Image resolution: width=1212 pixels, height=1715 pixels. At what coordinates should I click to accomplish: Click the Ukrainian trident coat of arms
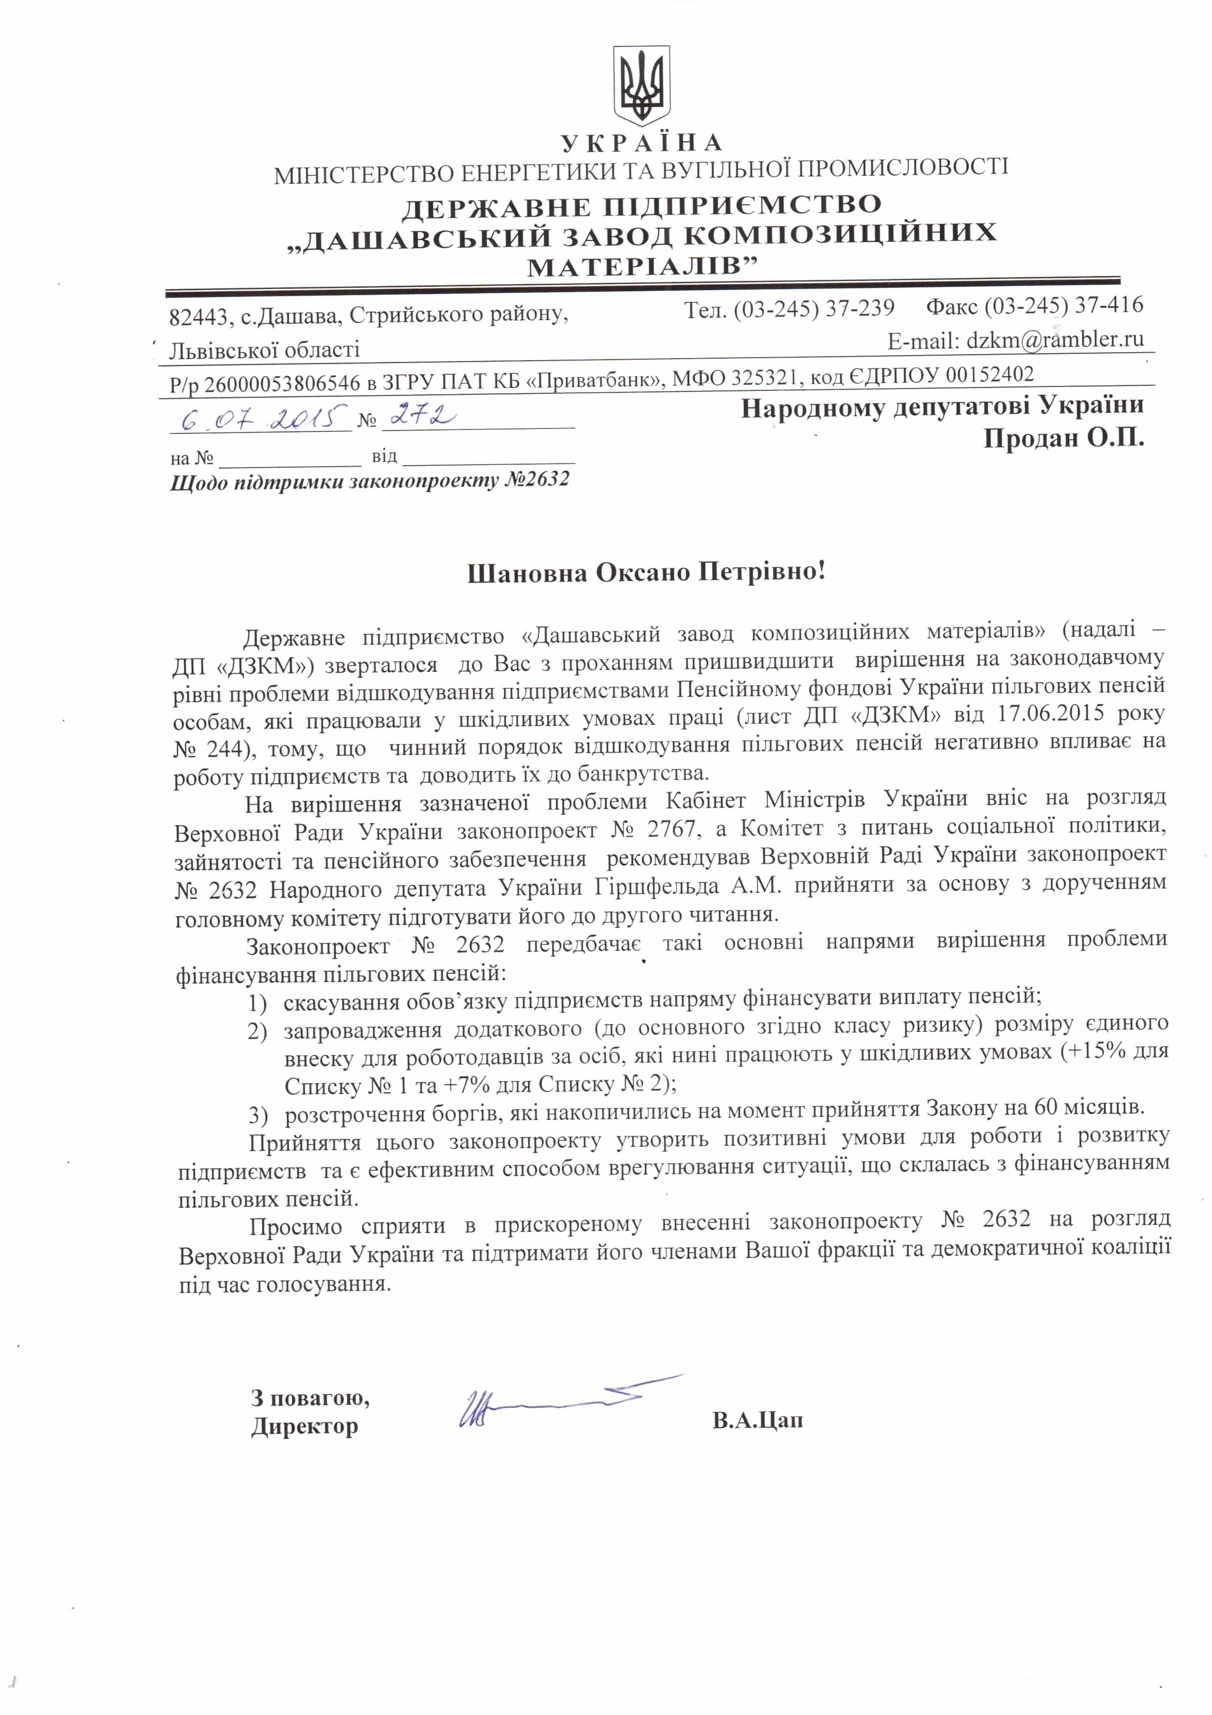tap(641, 86)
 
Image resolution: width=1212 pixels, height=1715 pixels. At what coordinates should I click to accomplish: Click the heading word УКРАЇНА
tap(641, 143)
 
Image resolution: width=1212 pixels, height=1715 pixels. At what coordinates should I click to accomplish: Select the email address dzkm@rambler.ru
tap(1054, 341)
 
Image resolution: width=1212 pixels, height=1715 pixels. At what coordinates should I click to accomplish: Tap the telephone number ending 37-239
tap(813, 308)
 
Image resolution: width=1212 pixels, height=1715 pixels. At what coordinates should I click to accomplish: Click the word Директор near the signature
tap(305, 1425)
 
